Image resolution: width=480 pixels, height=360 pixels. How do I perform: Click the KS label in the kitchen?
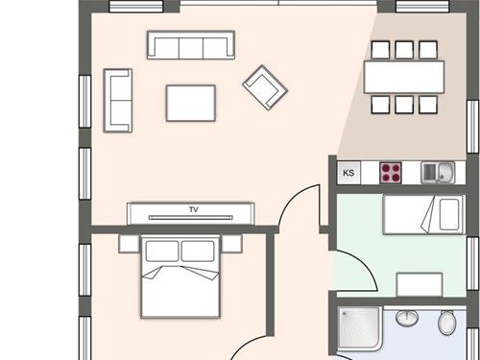pyautogui.click(x=348, y=173)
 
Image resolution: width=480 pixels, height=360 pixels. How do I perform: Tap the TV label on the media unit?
pyautogui.click(x=194, y=209)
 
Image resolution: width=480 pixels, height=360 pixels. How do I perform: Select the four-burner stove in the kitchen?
pyautogui.click(x=391, y=173)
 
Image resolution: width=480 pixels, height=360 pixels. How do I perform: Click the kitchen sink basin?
pyautogui.click(x=445, y=172)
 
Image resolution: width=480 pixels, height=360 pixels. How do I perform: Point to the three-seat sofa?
pyautogui.click(x=191, y=45)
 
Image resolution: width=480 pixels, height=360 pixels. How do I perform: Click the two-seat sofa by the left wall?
pyautogui.click(x=118, y=101)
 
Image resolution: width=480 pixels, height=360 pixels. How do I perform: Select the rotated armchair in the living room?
pyautogui.click(x=265, y=87)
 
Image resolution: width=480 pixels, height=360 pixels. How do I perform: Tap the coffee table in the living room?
pyautogui.click(x=191, y=103)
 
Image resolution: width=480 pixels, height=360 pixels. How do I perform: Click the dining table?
pyautogui.click(x=404, y=77)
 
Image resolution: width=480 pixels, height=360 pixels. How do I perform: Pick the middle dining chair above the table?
pyautogui.click(x=404, y=50)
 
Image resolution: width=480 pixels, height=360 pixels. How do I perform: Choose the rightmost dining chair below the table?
pyautogui.click(x=428, y=105)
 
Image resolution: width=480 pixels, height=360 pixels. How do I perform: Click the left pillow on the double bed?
pyautogui.click(x=162, y=251)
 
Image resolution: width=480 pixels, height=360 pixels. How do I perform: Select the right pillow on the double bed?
pyautogui.click(x=198, y=251)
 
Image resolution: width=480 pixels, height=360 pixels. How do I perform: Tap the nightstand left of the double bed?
pyautogui.click(x=130, y=244)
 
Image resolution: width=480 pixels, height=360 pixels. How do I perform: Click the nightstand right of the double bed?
pyautogui.click(x=231, y=243)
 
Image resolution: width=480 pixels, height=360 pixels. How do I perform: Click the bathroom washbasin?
pyautogui.click(x=407, y=318)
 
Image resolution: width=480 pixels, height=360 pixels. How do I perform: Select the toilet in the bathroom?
pyautogui.click(x=447, y=322)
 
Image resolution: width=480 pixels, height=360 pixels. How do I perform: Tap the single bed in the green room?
pyautogui.click(x=423, y=214)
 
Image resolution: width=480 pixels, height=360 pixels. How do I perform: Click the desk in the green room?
pyautogui.click(x=420, y=284)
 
